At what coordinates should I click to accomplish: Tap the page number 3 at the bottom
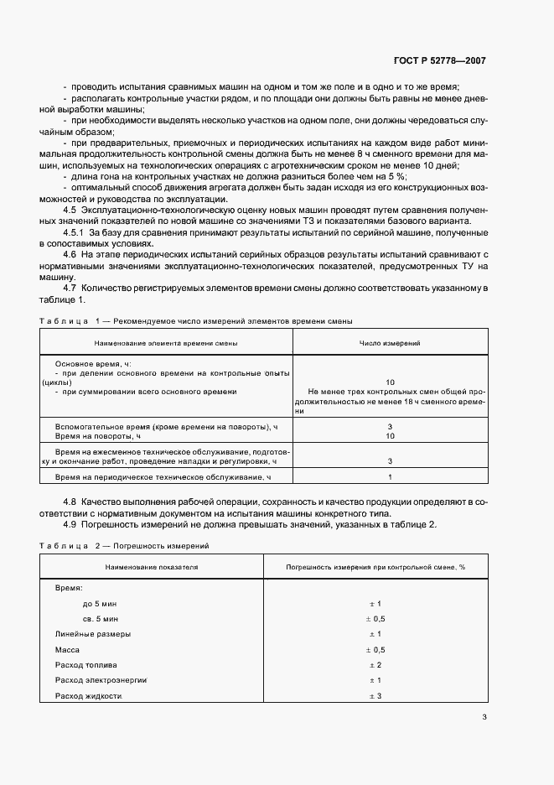coord(484,716)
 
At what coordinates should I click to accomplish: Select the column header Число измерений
coord(390,344)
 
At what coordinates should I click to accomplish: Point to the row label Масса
coord(67,649)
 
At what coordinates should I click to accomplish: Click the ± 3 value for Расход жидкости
coord(375,697)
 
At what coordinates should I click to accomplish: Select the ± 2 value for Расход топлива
coord(375,665)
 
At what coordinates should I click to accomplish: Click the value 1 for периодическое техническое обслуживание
coord(390,477)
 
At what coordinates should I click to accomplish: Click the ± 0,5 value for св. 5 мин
coord(375,618)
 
